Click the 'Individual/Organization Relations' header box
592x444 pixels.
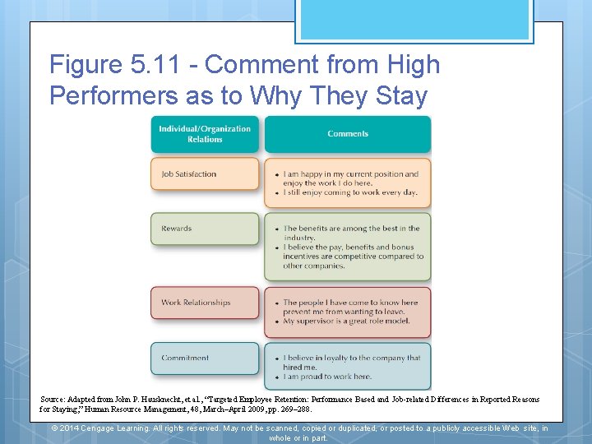coord(205,134)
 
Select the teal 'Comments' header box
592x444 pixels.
coord(348,134)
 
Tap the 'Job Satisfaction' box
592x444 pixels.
coord(205,174)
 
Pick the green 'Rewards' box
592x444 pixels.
coord(205,229)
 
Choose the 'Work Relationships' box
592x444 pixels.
coord(205,303)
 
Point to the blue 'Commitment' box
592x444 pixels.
coord(205,358)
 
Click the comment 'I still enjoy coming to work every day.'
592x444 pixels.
coord(350,192)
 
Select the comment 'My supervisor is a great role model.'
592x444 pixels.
coord(347,321)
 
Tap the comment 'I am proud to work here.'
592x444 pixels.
coord(327,377)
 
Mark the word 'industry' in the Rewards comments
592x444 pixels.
coord(298,238)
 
